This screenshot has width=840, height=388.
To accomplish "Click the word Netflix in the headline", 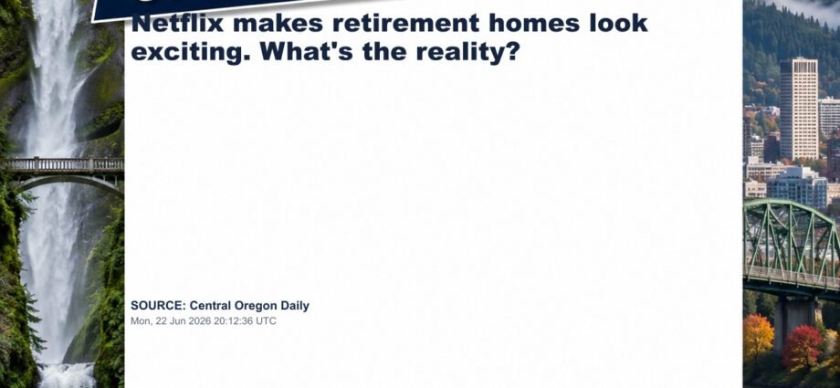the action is pyautogui.click(x=177, y=23).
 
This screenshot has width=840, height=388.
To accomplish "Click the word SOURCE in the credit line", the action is pyautogui.click(x=158, y=306).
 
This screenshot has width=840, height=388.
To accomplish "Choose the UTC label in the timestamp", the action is pyautogui.click(x=267, y=321).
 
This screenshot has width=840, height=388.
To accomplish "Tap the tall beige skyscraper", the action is pyautogui.click(x=799, y=109).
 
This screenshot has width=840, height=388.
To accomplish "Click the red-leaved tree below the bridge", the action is pyautogui.click(x=802, y=347).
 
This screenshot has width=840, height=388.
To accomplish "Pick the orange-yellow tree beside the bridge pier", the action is pyautogui.click(x=758, y=337).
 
